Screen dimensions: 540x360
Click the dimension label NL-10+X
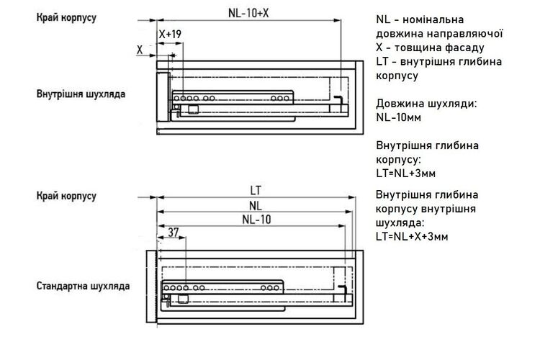(x=248, y=13)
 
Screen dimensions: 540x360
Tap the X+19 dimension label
(x=170, y=34)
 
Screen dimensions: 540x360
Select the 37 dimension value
(x=174, y=233)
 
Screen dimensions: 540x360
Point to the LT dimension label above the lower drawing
(x=256, y=191)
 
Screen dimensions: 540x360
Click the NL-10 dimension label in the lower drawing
(x=256, y=220)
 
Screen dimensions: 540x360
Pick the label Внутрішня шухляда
(x=81, y=94)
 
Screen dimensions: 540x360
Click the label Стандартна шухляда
(x=83, y=286)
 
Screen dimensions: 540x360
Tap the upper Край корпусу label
(x=66, y=17)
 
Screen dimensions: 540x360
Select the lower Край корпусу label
(x=66, y=196)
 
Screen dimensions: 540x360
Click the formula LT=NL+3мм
(x=405, y=174)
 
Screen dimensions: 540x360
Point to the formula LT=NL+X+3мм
(x=412, y=237)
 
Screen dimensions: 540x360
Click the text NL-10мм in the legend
(x=398, y=117)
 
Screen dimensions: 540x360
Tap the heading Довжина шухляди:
(x=426, y=104)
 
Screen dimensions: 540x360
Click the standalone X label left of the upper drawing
(x=140, y=50)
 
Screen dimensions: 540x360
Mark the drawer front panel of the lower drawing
(x=151, y=287)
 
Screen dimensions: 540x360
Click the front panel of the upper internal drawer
(x=163, y=96)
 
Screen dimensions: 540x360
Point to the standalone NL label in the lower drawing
(x=256, y=206)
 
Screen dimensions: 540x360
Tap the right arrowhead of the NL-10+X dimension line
(x=338, y=20)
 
